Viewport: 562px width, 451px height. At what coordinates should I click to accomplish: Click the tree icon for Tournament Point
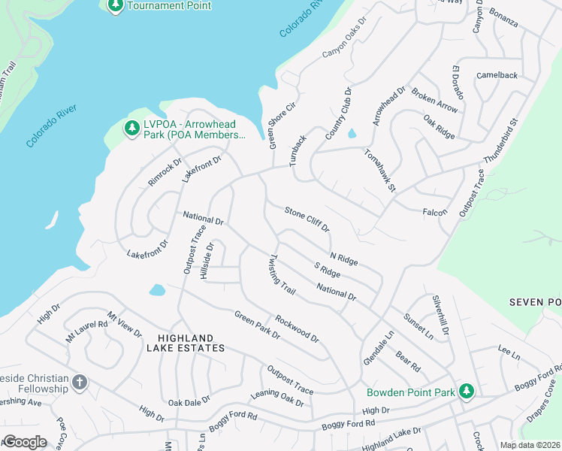point(115,6)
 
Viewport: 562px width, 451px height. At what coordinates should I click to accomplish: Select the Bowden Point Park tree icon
point(467,392)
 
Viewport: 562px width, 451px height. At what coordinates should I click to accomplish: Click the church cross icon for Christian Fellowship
point(80,383)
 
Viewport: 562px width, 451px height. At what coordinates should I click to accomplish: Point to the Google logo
point(25,441)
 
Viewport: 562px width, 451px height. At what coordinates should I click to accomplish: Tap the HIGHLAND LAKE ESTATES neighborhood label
point(191,344)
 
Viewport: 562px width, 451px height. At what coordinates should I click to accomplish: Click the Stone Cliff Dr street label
point(307,221)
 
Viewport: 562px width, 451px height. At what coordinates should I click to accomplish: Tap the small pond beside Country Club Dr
point(352,134)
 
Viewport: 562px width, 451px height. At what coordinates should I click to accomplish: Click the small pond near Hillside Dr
point(157,289)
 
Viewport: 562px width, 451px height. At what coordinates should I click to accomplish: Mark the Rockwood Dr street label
point(297,328)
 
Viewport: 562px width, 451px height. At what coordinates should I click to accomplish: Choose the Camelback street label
point(497,76)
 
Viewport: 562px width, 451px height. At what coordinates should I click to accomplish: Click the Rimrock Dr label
point(165,173)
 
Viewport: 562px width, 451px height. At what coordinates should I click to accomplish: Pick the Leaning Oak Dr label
point(278,398)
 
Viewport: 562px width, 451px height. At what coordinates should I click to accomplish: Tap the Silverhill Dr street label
point(440,316)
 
